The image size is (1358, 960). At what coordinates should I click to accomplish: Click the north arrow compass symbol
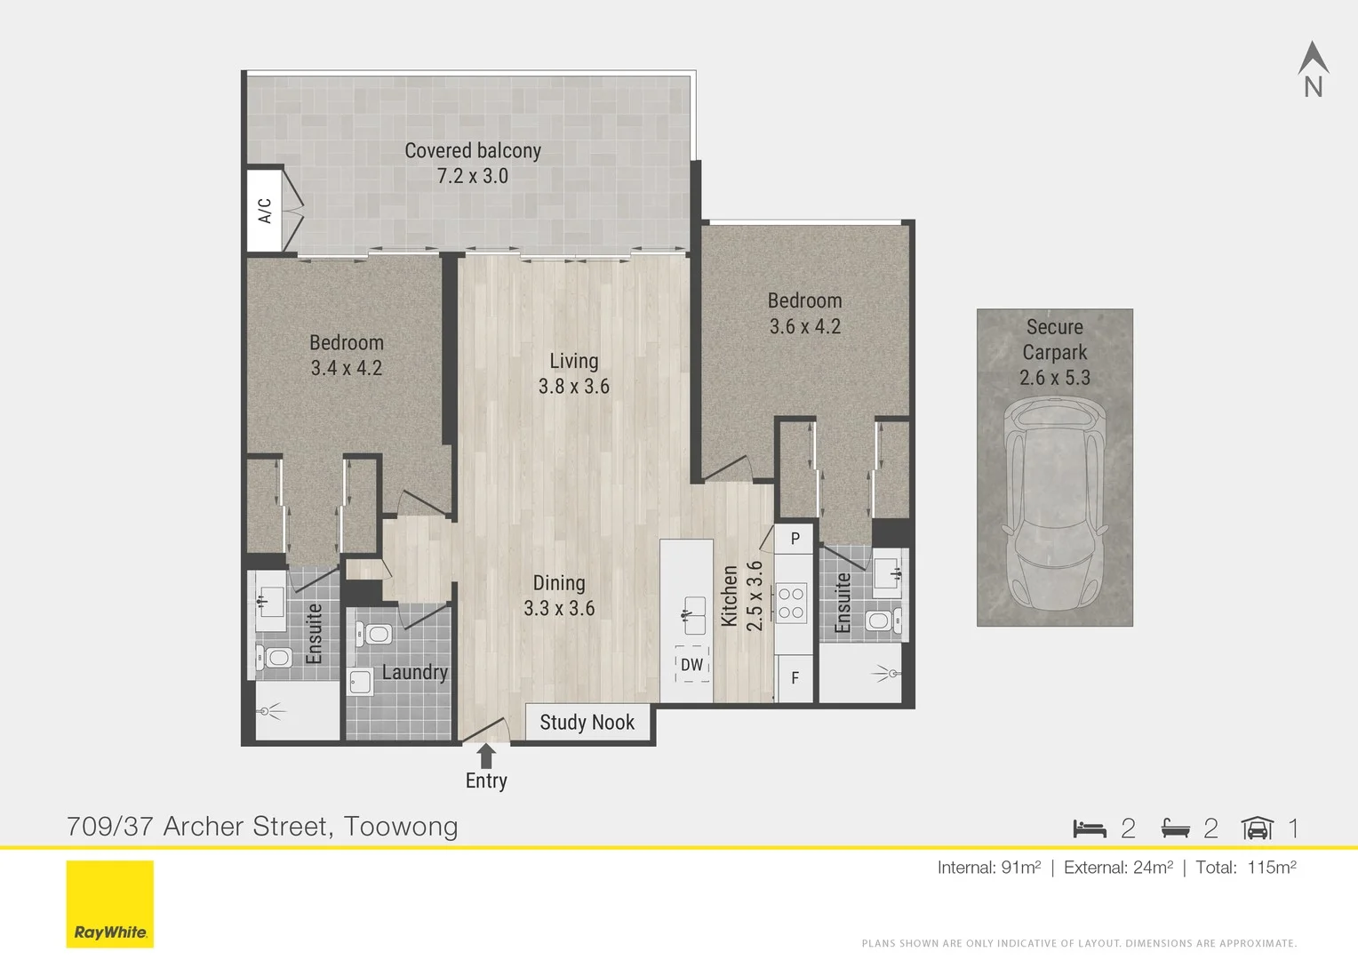point(1313,68)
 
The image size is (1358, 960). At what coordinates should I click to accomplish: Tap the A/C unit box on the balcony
point(265,211)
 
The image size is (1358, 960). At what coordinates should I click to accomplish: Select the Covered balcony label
point(472,151)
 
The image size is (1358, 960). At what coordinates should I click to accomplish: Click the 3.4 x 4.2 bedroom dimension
point(347,368)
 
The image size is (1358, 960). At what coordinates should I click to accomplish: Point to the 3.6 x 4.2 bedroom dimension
point(805,326)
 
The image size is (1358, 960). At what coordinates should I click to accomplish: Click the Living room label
point(573,362)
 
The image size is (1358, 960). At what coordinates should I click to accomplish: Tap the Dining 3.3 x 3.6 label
point(559,596)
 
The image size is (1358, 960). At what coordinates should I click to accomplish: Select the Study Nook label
point(587,723)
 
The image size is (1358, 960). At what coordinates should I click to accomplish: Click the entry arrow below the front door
point(486,756)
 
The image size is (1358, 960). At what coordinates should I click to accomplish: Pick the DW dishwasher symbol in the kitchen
point(691,665)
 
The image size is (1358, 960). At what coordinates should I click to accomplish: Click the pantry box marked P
point(795,539)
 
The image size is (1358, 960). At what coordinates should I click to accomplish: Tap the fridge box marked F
point(795,678)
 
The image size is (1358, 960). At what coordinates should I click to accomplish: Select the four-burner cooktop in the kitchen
point(791,604)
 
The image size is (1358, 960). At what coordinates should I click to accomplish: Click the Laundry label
point(414,672)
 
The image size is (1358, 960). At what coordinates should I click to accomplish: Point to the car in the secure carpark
point(1055,504)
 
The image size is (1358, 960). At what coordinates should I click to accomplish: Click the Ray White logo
point(110,904)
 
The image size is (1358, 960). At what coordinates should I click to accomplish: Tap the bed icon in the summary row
point(1090,828)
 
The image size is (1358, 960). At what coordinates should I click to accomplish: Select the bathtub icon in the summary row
point(1175,828)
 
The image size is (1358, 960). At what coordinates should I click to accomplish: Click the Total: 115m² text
point(1245,868)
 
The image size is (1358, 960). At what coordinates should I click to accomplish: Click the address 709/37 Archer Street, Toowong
point(262,827)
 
